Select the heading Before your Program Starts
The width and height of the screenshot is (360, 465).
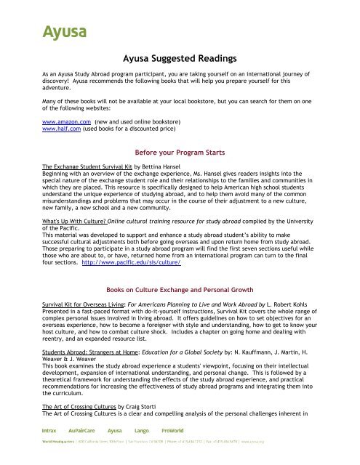[x=179, y=154]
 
